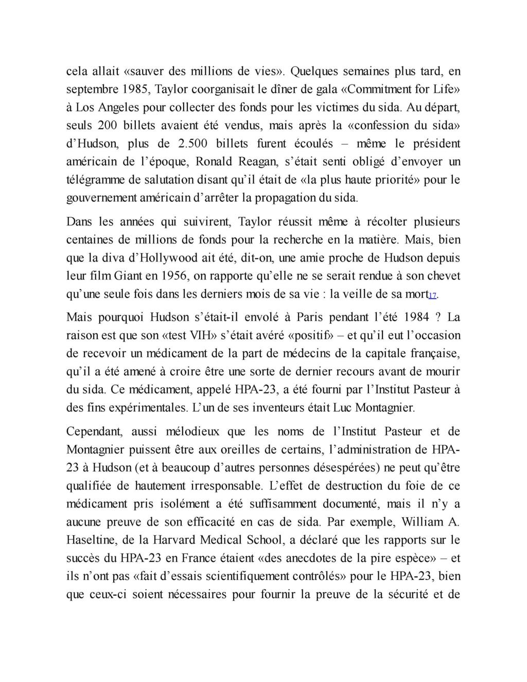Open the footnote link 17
(432, 295)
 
